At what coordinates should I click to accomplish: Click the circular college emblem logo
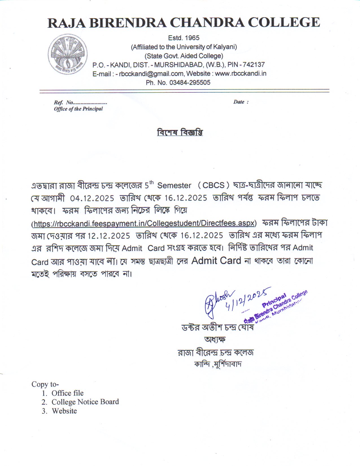(x=67, y=54)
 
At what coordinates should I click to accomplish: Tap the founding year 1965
(x=192, y=38)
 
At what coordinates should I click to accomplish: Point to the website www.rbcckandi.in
(x=241, y=74)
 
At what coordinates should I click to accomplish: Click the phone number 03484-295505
(x=190, y=82)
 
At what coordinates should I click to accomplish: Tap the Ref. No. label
(x=64, y=103)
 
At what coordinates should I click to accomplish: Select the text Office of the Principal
(x=78, y=109)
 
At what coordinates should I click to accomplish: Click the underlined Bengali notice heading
(x=180, y=132)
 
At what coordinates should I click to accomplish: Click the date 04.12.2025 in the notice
(x=92, y=198)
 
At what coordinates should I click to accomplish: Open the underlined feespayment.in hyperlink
(x=144, y=223)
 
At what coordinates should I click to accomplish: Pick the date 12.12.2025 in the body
(x=109, y=236)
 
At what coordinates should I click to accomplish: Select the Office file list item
(x=67, y=393)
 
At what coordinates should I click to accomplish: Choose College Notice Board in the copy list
(x=85, y=402)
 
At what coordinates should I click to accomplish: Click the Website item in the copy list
(x=64, y=411)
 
